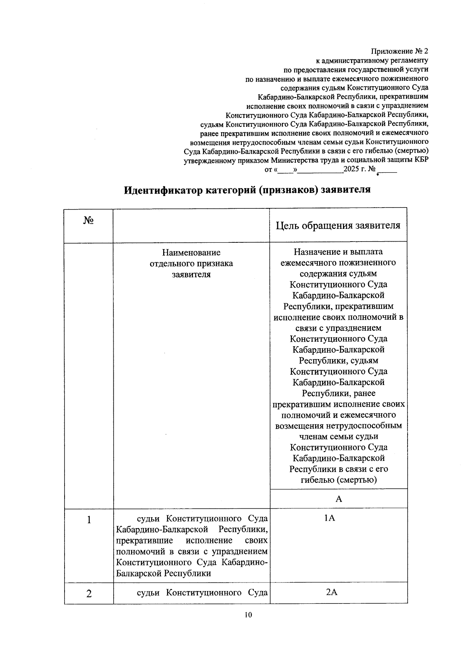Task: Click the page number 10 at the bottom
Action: pos(248,615)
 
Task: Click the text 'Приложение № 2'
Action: pos(400,51)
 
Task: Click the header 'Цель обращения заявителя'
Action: pos(338,225)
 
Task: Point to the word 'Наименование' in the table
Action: pos(191,252)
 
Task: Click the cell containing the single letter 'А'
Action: pos(339,499)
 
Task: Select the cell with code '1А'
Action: pos(330,518)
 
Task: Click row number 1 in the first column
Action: pos(89,520)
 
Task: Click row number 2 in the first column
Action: pos(89,594)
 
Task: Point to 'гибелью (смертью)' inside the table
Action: pos(339,480)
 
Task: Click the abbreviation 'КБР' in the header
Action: pos(421,160)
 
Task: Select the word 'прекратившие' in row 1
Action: pos(145,540)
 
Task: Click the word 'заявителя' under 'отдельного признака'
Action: pos(191,274)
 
